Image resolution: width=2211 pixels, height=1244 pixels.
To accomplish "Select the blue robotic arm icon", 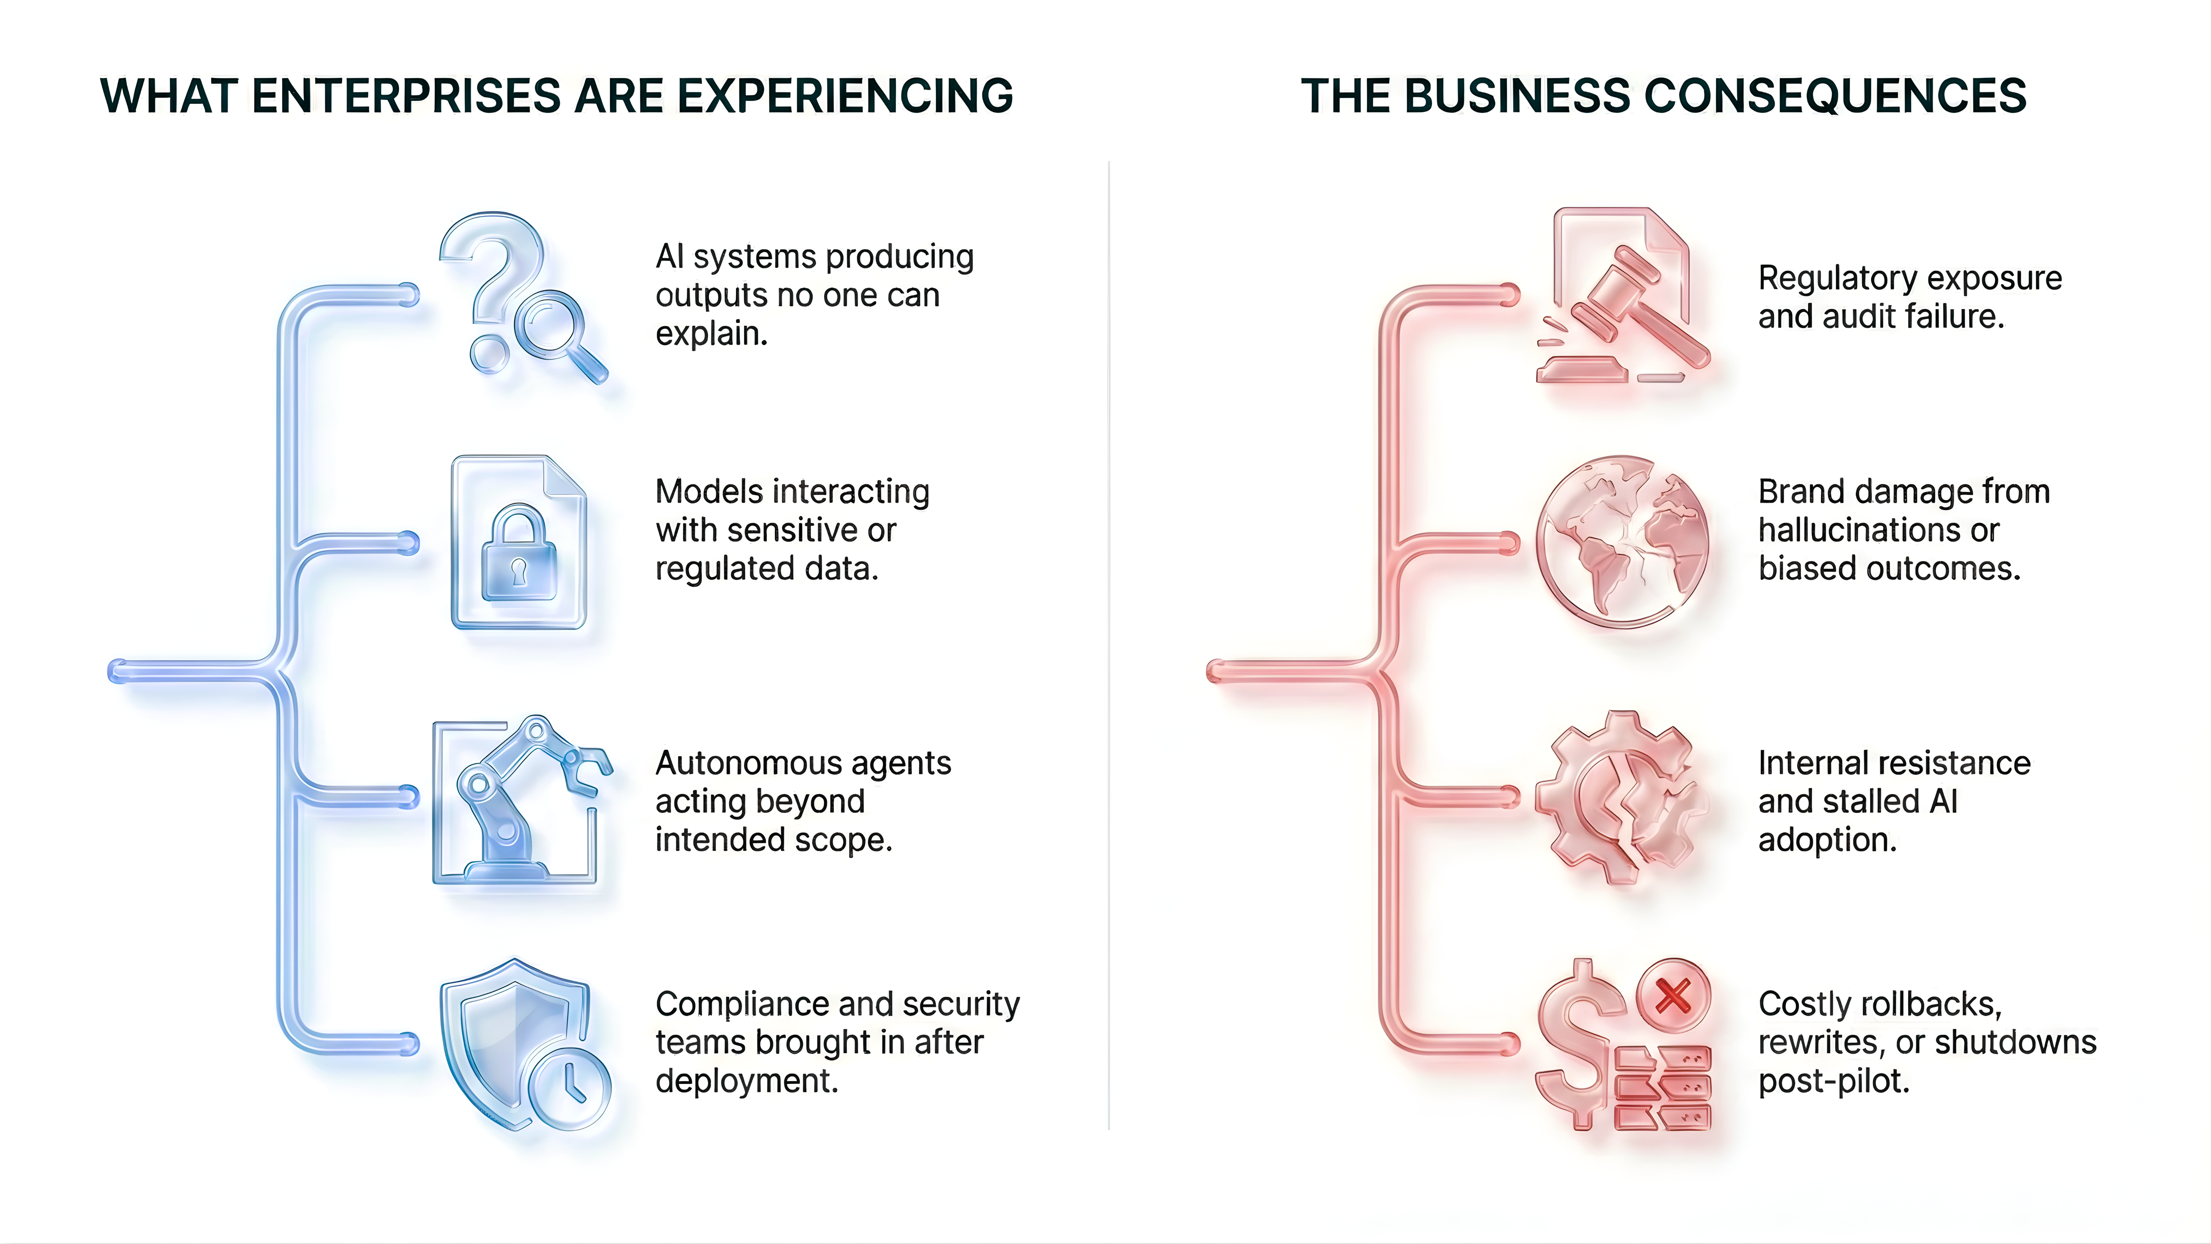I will point(524,799).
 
